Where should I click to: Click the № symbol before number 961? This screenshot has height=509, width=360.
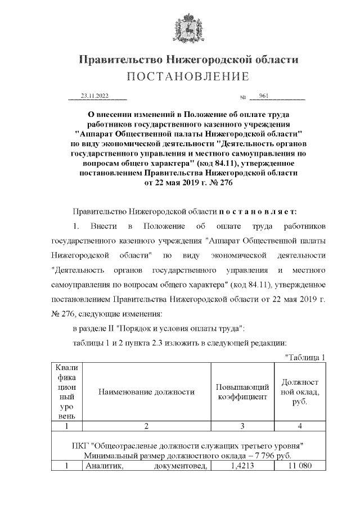(x=244, y=97)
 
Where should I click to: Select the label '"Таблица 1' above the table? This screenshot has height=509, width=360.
(x=306, y=357)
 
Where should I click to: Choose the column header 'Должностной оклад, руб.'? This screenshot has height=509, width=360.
(x=299, y=392)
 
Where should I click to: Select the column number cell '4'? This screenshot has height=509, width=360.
(x=299, y=426)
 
